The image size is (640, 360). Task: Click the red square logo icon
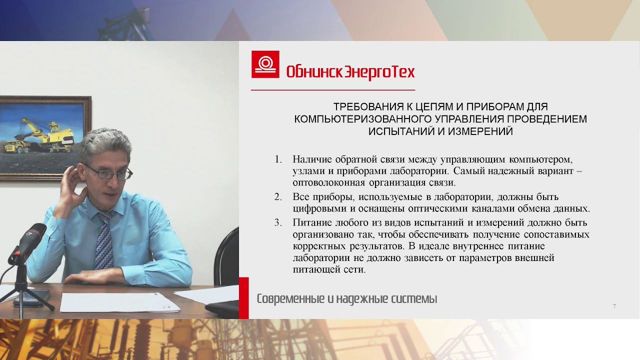point(265,64)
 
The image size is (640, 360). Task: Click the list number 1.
point(278,159)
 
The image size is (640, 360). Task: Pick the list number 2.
point(278,196)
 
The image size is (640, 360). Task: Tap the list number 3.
point(278,222)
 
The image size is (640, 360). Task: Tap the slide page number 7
point(614,306)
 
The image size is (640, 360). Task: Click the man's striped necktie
point(104,240)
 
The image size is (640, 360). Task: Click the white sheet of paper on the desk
point(112,301)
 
